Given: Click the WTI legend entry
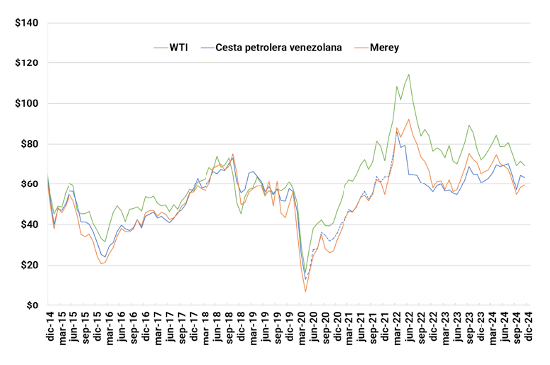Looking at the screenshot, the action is pos(171,47).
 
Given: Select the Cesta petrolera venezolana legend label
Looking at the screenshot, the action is pos(271,47).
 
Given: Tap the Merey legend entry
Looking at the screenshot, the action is pos(376,47).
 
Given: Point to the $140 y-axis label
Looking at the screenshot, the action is pos(26,23).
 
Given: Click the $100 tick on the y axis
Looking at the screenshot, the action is pos(26,104).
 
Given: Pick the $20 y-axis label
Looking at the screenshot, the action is pos(29,265).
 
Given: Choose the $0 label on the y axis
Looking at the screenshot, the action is pos(32,305).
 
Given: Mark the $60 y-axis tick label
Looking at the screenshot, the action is pos(29,184).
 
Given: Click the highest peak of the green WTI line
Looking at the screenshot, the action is pos(409,74).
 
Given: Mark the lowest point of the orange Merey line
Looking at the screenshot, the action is pos(305,291).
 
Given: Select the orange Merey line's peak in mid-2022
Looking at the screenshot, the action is pos(409,119).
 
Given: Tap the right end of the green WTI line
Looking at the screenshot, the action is pos(525,166).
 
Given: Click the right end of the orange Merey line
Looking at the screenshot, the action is pos(525,185).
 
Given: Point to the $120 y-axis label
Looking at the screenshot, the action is pos(26,63).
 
